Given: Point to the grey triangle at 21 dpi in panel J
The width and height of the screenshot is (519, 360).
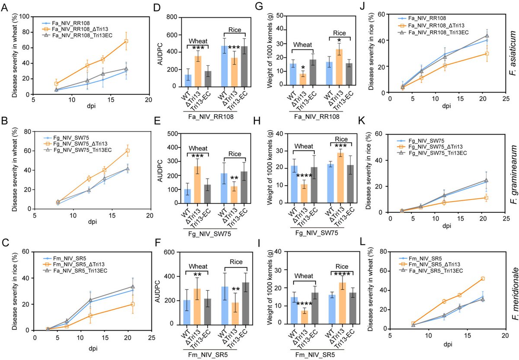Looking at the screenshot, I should pyautogui.click(x=487, y=36).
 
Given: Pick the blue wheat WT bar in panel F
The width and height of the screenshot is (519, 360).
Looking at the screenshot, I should pyautogui.click(x=186, y=312).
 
